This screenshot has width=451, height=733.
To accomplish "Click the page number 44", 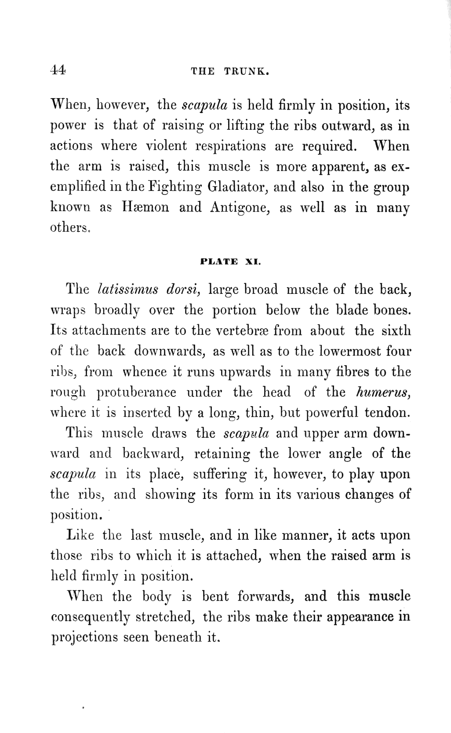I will pos(58,70).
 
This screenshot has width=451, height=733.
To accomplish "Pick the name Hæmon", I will pos(145,207).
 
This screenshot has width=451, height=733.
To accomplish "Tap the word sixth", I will pos(396,330).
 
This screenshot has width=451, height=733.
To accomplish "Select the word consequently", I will pos(90,617).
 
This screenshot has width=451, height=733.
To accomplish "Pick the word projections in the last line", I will pos(84,637).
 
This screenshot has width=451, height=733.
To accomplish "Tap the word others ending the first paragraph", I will pos(70,228).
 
